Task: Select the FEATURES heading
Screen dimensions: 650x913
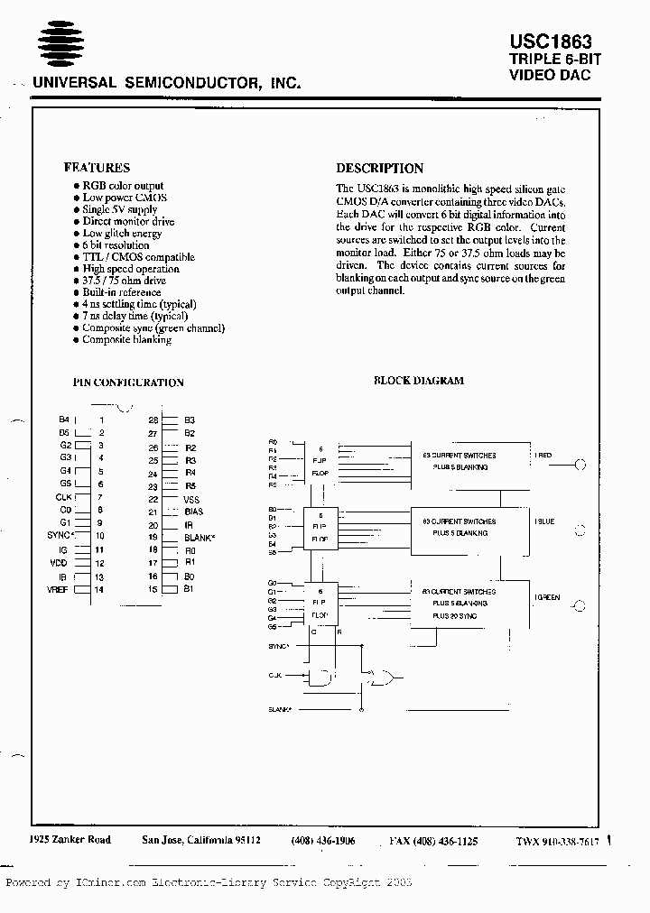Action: pos(97,168)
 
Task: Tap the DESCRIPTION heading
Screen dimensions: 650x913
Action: pos(379,169)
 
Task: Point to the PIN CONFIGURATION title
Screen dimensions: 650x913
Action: pos(127,383)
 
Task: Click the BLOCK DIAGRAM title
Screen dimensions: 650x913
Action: pos(419,381)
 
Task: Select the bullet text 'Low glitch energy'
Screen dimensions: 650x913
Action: pos(122,234)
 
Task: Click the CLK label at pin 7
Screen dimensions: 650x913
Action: pos(63,497)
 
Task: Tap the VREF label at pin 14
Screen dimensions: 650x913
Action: pos(60,589)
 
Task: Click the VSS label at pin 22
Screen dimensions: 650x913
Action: pos(191,499)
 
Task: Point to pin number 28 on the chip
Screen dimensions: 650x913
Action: pos(153,420)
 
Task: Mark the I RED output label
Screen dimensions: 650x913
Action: pos(543,456)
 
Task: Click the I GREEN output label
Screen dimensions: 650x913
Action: pos(547,597)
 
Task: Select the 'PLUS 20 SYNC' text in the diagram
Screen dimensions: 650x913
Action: pos(455,616)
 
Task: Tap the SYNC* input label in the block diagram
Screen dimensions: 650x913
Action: pos(279,647)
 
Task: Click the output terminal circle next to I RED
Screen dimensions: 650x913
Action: pos(580,465)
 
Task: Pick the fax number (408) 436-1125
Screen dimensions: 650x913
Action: pos(434,841)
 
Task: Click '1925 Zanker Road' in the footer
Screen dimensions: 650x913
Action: pos(70,840)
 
